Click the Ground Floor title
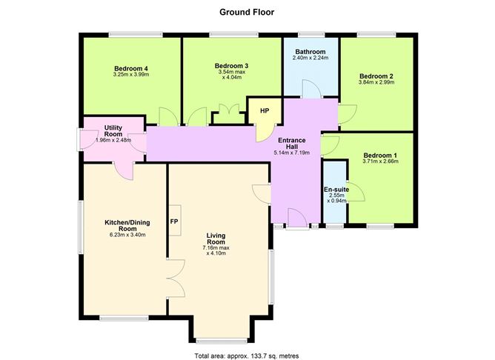247,12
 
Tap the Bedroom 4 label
130,69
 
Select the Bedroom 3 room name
231,66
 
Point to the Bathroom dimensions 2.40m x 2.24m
310,58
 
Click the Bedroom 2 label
376,76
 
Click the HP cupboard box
264,111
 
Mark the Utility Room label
113,131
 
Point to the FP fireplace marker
175,221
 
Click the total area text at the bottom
247,355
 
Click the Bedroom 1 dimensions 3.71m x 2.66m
379,161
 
